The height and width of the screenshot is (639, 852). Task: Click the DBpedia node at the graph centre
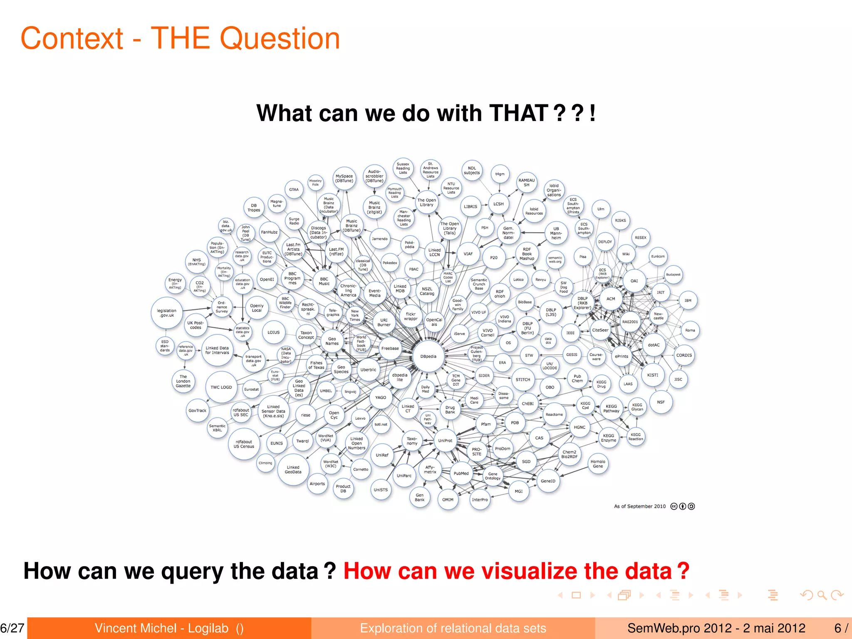(x=428, y=357)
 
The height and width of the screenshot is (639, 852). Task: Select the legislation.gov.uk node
(x=167, y=313)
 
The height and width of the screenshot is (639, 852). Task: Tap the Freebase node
(x=390, y=349)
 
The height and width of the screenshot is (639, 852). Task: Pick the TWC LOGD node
(x=221, y=387)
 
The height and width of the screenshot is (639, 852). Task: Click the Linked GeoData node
(x=293, y=470)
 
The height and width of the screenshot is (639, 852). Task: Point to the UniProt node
(x=445, y=441)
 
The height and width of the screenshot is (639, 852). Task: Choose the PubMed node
(x=461, y=473)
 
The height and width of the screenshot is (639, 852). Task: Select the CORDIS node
(x=684, y=355)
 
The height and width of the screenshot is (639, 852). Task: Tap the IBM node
(x=688, y=300)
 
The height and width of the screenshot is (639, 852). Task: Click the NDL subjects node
(x=472, y=171)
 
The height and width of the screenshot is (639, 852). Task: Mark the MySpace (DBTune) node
(x=344, y=178)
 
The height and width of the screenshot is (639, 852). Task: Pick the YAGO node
(x=381, y=397)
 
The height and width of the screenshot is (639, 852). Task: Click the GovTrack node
(x=197, y=411)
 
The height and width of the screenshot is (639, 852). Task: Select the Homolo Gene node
(x=598, y=464)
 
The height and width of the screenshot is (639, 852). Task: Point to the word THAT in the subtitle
(x=518, y=113)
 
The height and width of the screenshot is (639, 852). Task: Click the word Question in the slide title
(x=280, y=38)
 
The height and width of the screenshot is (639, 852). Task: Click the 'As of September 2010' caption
(x=640, y=506)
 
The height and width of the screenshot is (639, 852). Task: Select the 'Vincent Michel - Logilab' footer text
(x=162, y=628)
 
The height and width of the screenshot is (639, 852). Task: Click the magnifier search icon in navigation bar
(x=822, y=595)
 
